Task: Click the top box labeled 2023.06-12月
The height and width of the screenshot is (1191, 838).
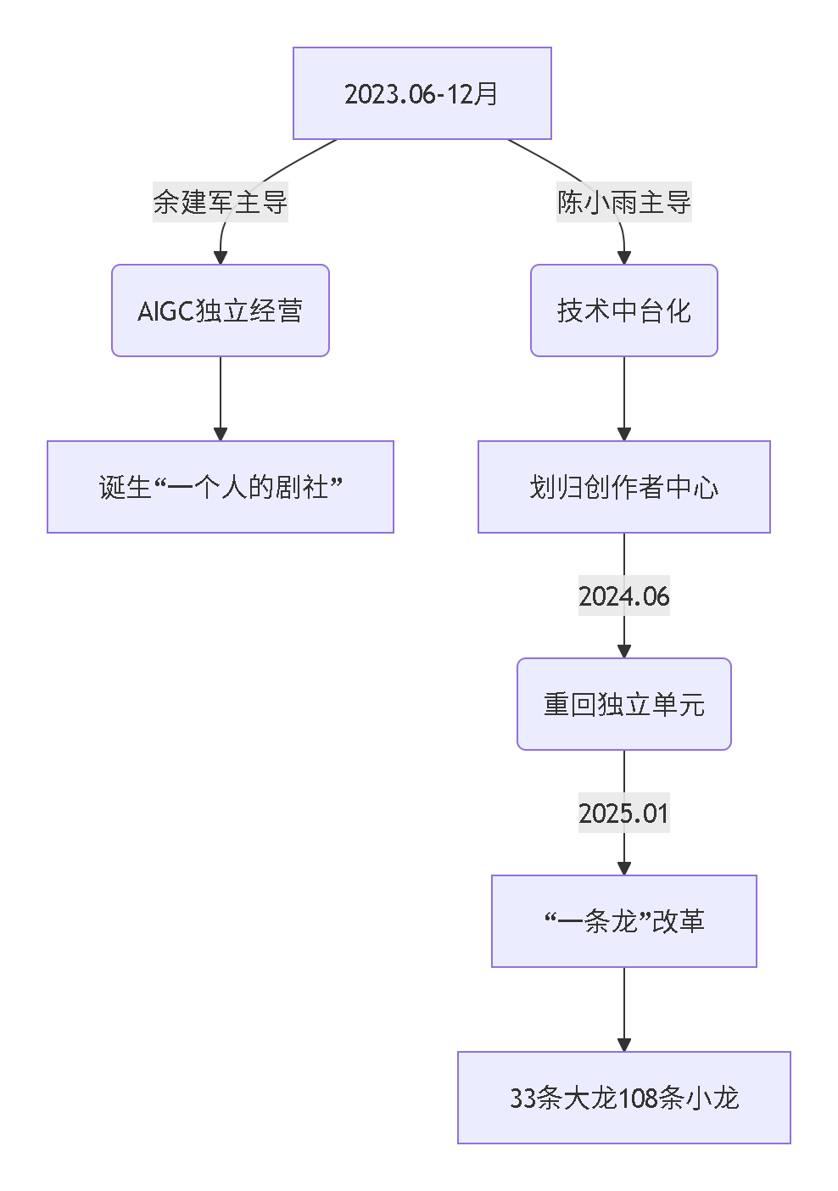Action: (422, 93)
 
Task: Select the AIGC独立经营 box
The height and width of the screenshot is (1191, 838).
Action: (220, 310)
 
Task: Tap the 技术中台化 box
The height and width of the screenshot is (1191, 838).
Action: (623, 310)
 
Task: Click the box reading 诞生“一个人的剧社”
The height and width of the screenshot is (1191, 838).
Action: (220, 487)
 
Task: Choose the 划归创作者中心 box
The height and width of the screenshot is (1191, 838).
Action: (623, 487)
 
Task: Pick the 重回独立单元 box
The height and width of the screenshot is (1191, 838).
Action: (623, 704)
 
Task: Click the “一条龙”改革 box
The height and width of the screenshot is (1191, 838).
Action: (623, 921)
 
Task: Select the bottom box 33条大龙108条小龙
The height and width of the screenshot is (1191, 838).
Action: (623, 1098)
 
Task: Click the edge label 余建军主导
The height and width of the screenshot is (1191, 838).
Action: (220, 202)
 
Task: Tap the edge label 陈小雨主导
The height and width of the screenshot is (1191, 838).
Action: (623, 202)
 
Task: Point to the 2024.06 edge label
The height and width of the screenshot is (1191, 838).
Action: (623, 595)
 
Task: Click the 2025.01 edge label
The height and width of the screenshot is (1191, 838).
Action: (623, 813)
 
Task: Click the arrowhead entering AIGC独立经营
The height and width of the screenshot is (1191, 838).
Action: (221, 258)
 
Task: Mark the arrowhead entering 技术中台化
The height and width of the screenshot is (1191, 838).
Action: (624, 258)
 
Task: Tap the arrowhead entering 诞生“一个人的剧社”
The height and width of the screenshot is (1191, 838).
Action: (221, 434)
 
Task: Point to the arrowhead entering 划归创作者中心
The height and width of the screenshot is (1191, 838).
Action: (624, 434)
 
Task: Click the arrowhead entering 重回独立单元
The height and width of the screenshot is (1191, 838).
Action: (624, 651)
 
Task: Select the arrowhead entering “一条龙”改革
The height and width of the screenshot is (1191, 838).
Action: (624, 869)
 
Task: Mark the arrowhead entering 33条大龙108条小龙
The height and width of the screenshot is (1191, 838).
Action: (624, 1045)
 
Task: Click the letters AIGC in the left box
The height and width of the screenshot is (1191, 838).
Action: (166, 311)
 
